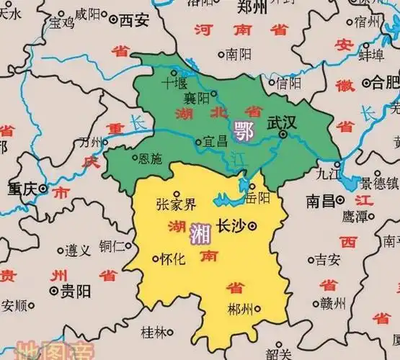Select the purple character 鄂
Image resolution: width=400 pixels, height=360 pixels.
click(242, 130)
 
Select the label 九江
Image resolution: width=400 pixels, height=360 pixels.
click(328, 174)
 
